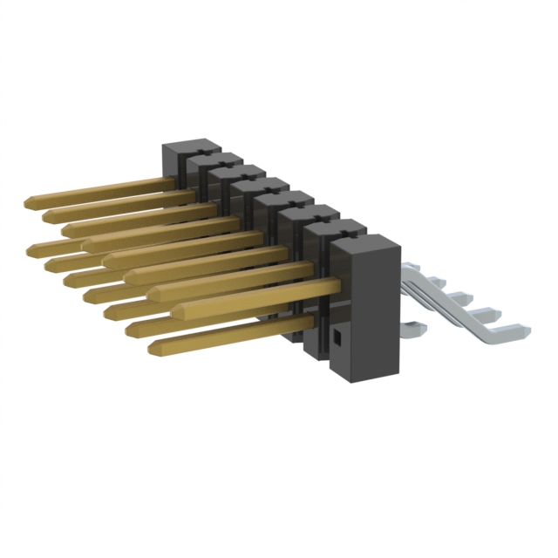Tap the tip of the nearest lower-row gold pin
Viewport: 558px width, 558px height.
tap(154, 348)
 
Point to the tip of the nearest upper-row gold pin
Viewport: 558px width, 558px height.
tap(177, 310)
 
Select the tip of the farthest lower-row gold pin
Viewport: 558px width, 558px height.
tap(32, 249)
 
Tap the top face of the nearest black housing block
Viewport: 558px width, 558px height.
tap(365, 244)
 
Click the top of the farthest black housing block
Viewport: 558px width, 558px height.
tap(188, 144)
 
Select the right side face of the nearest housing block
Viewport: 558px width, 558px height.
tap(388, 314)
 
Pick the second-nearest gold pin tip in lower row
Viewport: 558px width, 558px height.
tap(131, 329)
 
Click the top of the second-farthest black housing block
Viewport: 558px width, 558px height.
tap(212, 159)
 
